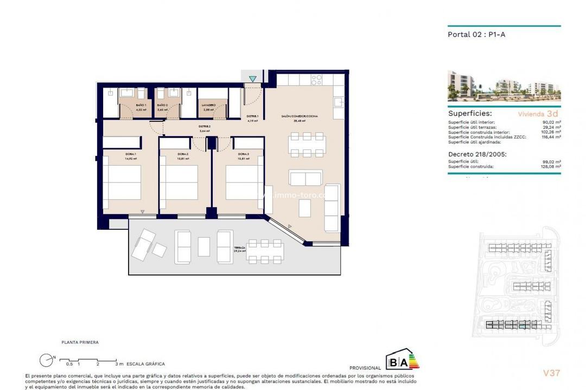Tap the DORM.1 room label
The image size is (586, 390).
click(x=114, y=154)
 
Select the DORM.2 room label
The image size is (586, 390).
click(x=183, y=154)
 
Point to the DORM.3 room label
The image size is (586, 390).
click(x=243, y=154)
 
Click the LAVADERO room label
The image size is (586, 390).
click(x=209, y=105)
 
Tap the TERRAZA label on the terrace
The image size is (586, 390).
click(x=239, y=248)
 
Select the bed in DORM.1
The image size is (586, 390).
click(x=122, y=182)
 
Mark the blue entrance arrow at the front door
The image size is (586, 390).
click(x=252, y=79)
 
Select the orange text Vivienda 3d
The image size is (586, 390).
click(x=538, y=114)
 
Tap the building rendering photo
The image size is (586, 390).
click(x=504, y=86)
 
